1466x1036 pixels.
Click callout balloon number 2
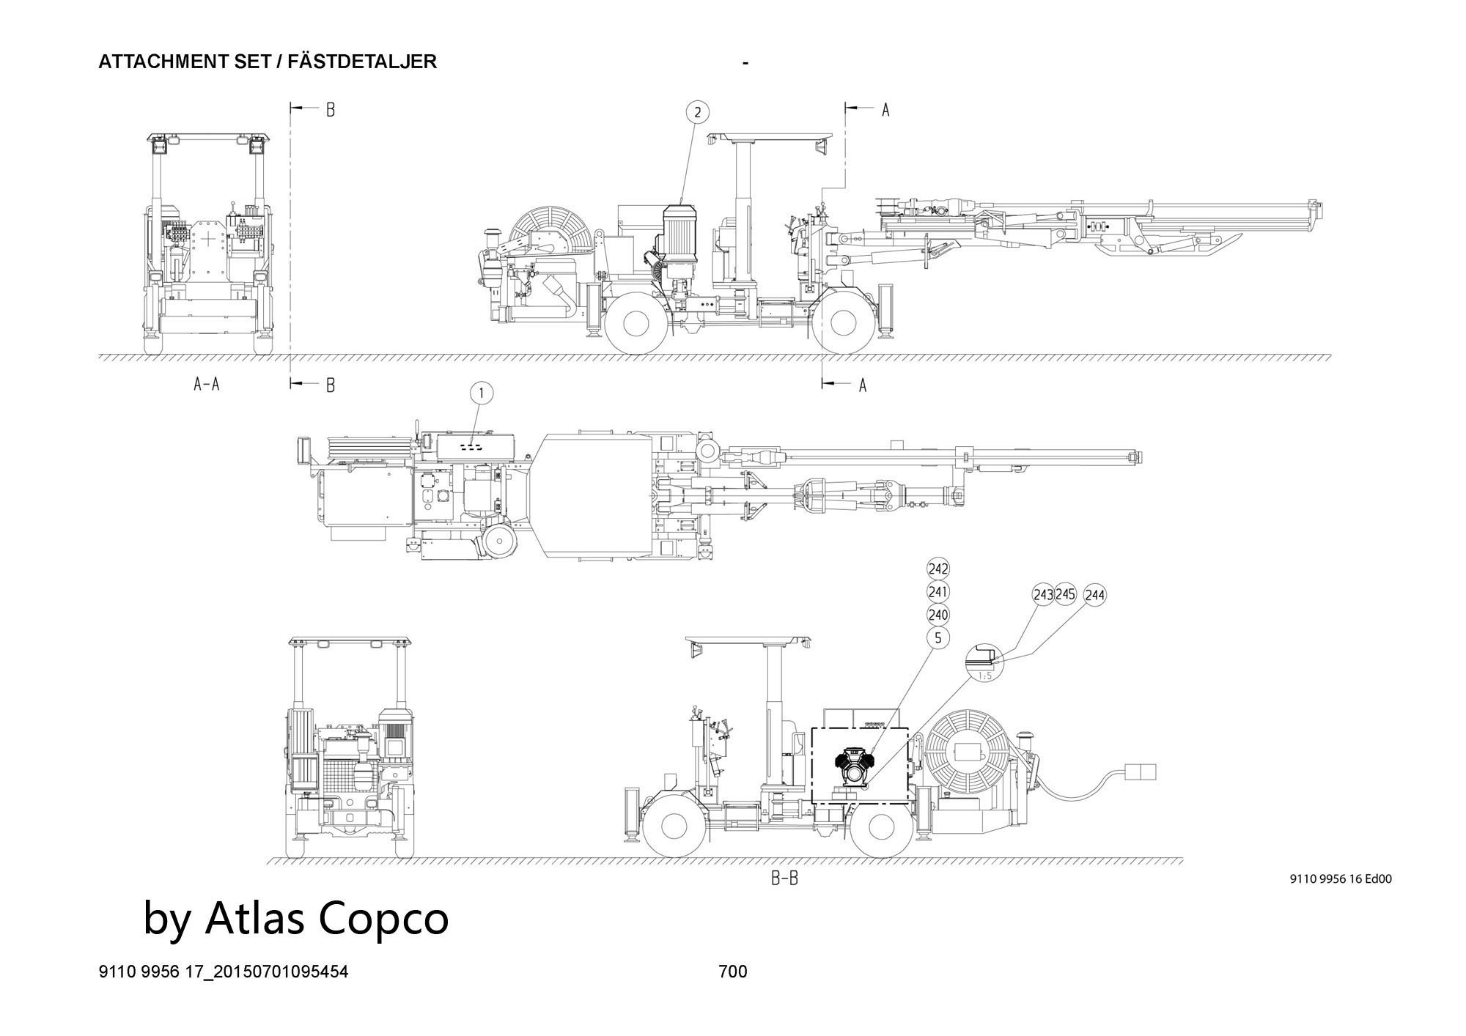click(698, 112)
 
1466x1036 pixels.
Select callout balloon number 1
click(482, 393)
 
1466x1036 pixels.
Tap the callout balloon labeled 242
click(938, 569)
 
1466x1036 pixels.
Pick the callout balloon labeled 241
click(938, 591)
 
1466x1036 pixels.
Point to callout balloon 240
click(938, 615)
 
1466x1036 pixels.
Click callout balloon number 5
click(938, 638)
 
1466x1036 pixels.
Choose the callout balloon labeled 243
click(1043, 594)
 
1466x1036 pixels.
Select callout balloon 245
click(1065, 594)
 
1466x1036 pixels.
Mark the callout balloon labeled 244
click(1094, 596)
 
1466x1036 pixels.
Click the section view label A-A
click(206, 384)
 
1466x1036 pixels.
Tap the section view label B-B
click(784, 878)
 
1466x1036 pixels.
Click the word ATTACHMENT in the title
click(153, 62)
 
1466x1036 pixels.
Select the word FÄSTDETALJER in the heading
click(362, 62)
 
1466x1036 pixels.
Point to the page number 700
click(733, 972)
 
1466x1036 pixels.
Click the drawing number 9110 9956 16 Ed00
click(1340, 879)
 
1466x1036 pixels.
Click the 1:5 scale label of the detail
click(984, 676)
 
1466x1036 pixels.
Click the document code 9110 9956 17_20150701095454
click(224, 972)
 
